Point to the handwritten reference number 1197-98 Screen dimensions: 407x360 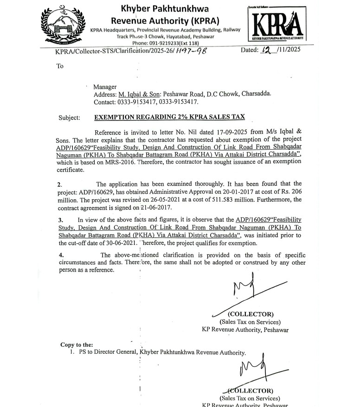[188, 51]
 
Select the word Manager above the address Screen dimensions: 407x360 [105, 87]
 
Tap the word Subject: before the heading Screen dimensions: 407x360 [69, 118]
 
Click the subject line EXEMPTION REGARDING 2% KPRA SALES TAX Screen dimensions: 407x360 [169, 117]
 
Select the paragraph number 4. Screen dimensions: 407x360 [61, 255]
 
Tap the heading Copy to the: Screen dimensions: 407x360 [77, 344]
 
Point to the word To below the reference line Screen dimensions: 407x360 [60, 66]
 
